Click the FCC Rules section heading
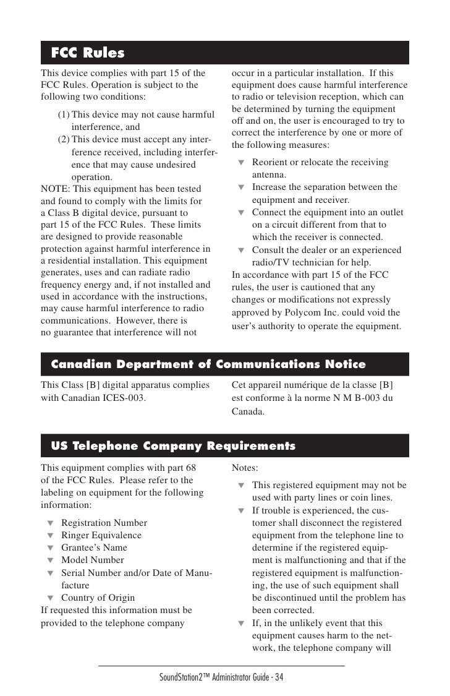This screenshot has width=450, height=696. pos(88,53)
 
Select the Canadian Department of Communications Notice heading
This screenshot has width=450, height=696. pos(208,364)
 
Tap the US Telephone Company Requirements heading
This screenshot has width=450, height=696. pos(173,446)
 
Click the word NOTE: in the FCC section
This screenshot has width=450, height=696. pos(56,189)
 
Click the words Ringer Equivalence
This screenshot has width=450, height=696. pos(101,535)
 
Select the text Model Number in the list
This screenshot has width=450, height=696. pos(93,560)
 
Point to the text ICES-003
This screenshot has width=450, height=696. pos(126,397)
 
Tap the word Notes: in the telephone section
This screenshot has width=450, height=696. pos(245,469)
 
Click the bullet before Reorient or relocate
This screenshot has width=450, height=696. pos(242,163)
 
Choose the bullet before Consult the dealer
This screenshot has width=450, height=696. pos(242,251)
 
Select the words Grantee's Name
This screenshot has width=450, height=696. pos(94,548)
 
